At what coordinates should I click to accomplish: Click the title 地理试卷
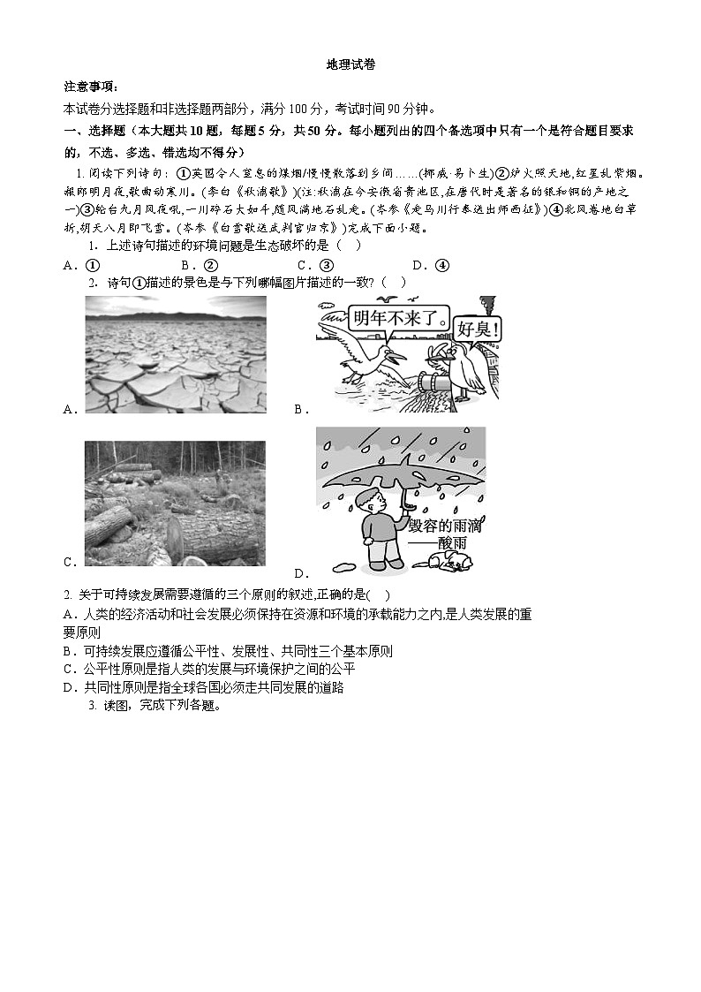(350, 64)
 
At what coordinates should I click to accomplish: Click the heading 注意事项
(90, 87)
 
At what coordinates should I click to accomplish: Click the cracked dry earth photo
(175, 354)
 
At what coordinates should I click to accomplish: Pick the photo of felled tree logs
(175, 504)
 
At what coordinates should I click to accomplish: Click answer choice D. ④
(431, 265)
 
